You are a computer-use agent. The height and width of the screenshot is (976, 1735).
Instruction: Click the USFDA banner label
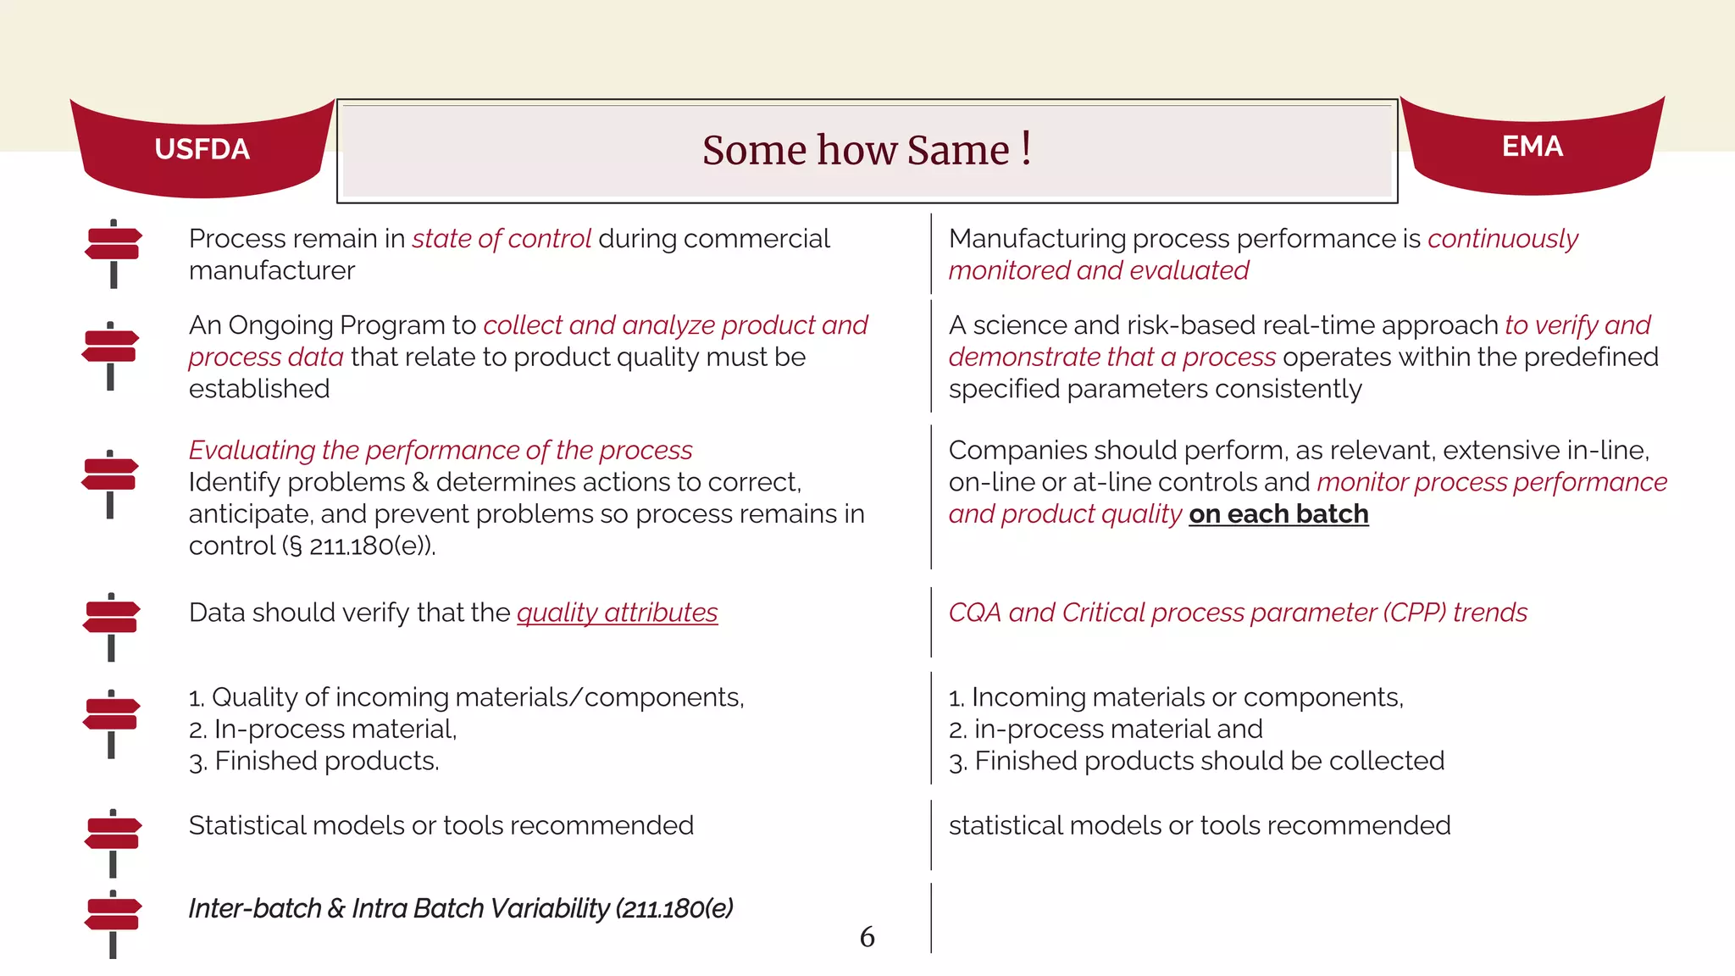pos(202,149)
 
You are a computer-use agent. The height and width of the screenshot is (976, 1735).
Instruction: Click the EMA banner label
pos(1532,147)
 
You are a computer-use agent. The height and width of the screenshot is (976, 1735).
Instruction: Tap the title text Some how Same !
pos(866,151)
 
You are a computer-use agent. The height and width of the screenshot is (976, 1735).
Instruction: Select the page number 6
pos(867,937)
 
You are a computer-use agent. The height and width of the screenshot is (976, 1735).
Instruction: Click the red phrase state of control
pos(502,239)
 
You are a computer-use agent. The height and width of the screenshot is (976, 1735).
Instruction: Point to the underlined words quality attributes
pos(617,613)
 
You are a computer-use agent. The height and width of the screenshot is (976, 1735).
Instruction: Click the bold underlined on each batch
pos(1278,514)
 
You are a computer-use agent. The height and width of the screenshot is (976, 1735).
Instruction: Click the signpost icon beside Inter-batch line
pos(113,924)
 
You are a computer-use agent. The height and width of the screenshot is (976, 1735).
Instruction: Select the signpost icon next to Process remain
pos(114,253)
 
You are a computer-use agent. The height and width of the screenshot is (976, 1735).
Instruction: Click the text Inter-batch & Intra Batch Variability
pos(460,908)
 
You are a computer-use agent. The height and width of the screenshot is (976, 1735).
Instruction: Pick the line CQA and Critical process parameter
pos(1237,613)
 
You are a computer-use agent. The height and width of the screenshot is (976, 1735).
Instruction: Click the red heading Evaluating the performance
pos(441,450)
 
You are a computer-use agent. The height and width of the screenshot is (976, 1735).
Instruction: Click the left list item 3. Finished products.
pos(313,761)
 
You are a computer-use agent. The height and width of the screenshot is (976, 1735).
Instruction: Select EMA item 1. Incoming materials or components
pos(1176,697)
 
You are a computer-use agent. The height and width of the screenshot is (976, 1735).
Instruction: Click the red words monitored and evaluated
pos(1098,270)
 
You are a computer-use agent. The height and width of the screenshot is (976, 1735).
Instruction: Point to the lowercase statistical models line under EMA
pos(1199,825)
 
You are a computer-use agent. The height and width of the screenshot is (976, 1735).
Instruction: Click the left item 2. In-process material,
pos(323,729)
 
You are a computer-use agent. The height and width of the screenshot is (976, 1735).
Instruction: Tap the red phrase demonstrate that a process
pos(1111,357)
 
